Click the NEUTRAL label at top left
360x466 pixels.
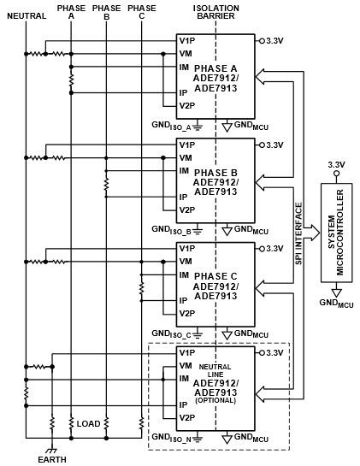pos(26,15)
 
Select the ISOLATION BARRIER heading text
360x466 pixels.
pos(216,11)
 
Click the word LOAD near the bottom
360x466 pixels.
pos(89,423)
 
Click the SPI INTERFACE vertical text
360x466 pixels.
pos(298,233)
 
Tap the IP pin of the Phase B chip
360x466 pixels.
pos(183,196)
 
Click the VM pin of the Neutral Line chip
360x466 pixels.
pos(186,365)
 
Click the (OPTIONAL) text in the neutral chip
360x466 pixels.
pos(215,399)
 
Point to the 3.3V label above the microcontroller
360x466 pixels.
pos(336,165)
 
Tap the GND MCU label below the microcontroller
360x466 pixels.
pos(335,303)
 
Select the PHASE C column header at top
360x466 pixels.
pos(141,11)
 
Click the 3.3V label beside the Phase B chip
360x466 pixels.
pos(274,145)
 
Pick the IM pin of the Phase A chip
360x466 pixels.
pos(184,68)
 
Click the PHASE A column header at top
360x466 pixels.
pos(71,11)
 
